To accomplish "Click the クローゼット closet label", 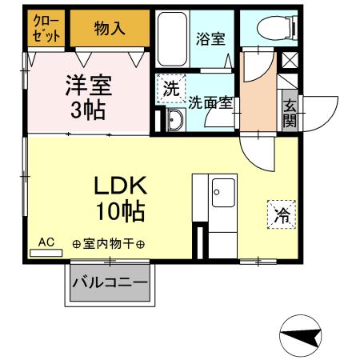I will (x=46, y=29).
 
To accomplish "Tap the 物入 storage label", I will (x=110, y=29).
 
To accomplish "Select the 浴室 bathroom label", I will (x=211, y=39).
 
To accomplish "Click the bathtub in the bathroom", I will (x=171, y=39).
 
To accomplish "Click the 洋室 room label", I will (x=88, y=85).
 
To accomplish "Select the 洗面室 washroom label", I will (x=211, y=102).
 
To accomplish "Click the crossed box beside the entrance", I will (x=288, y=59).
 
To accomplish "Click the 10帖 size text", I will (x=120, y=212).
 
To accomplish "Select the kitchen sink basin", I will (x=222, y=193).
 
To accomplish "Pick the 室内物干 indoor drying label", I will (x=108, y=244).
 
